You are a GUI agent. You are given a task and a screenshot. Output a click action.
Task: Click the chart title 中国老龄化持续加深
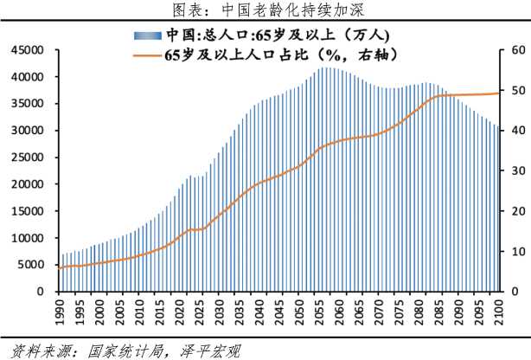265,10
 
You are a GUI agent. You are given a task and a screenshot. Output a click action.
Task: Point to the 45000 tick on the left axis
26,50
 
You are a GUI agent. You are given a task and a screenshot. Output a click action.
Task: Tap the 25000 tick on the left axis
26,157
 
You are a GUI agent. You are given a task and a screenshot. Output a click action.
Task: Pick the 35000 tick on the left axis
26,104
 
